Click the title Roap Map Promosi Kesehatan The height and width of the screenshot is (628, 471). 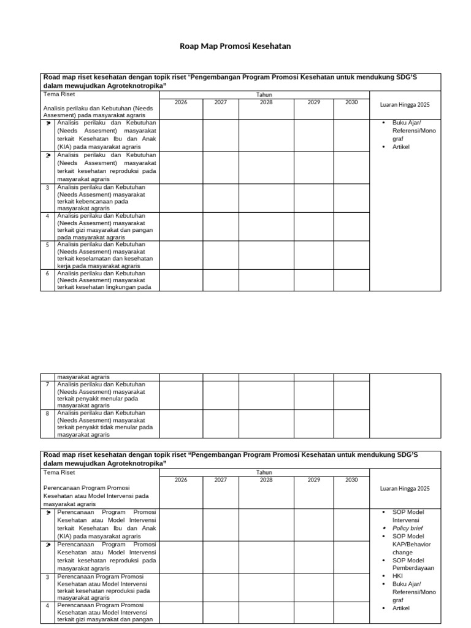click(x=235, y=46)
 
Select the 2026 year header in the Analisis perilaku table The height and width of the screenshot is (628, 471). click(x=181, y=102)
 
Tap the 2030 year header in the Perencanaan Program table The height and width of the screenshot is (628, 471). click(x=351, y=480)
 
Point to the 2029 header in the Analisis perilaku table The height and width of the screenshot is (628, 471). click(x=314, y=102)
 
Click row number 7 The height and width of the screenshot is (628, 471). click(x=48, y=385)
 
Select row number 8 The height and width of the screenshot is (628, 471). click(x=48, y=413)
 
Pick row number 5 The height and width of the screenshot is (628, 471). click(x=48, y=245)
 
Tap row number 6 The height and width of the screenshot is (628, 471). click(x=48, y=274)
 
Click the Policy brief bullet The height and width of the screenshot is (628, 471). click(x=408, y=528)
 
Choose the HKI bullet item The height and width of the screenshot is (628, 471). click(x=398, y=576)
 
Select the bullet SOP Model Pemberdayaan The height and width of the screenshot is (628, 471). click(x=413, y=564)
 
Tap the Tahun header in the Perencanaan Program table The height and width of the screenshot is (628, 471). click(x=264, y=472)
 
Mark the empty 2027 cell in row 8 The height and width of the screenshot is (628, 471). click(x=221, y=424)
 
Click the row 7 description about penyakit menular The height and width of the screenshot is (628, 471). click(x=101, y=395)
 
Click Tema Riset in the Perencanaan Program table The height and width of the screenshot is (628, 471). click(x=59, y=473)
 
